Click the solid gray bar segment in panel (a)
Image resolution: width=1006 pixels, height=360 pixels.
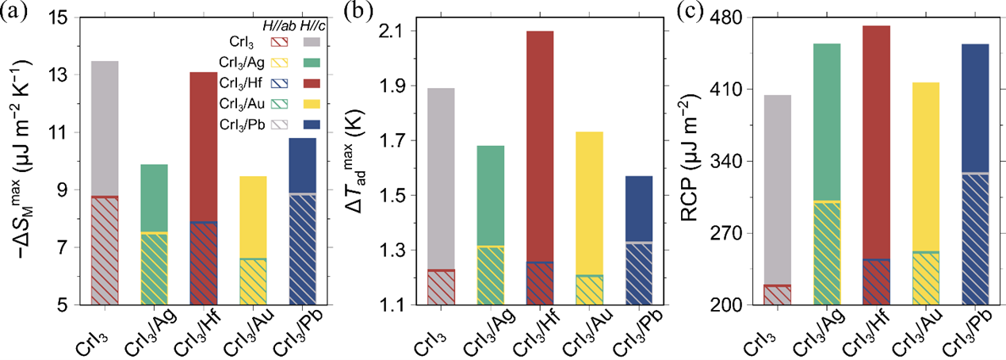click(105, 127)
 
